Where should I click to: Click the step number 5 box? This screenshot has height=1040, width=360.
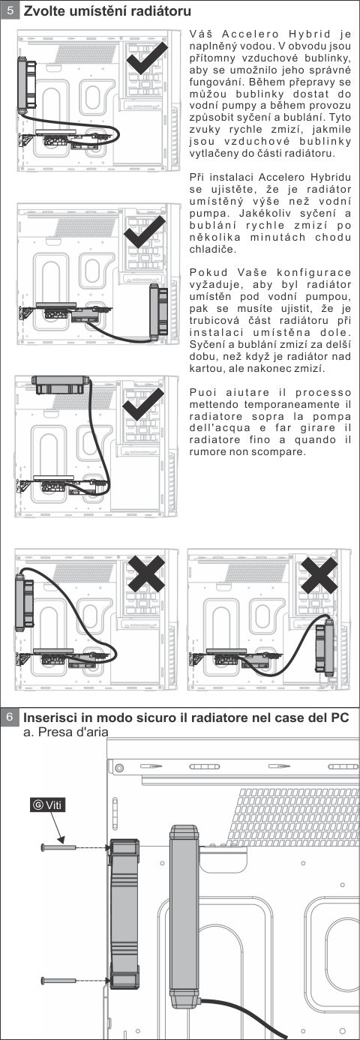[x=10, y=10]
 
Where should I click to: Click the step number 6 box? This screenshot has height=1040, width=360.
[x=10, y=718]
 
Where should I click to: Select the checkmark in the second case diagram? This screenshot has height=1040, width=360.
[x=145, y=231]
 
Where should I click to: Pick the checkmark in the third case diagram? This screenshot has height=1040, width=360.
[x=143, y=404]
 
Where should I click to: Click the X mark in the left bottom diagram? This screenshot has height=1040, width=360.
[x=146, y=574]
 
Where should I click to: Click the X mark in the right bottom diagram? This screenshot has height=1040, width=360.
[x=319, y=575]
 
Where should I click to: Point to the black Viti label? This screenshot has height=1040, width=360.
[x=47, y=805]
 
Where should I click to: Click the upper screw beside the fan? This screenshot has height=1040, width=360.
[x=58, y=847]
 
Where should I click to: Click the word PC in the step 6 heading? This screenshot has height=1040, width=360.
[x=339, y=718]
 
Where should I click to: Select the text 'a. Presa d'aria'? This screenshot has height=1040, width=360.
[x=65, y=732]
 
